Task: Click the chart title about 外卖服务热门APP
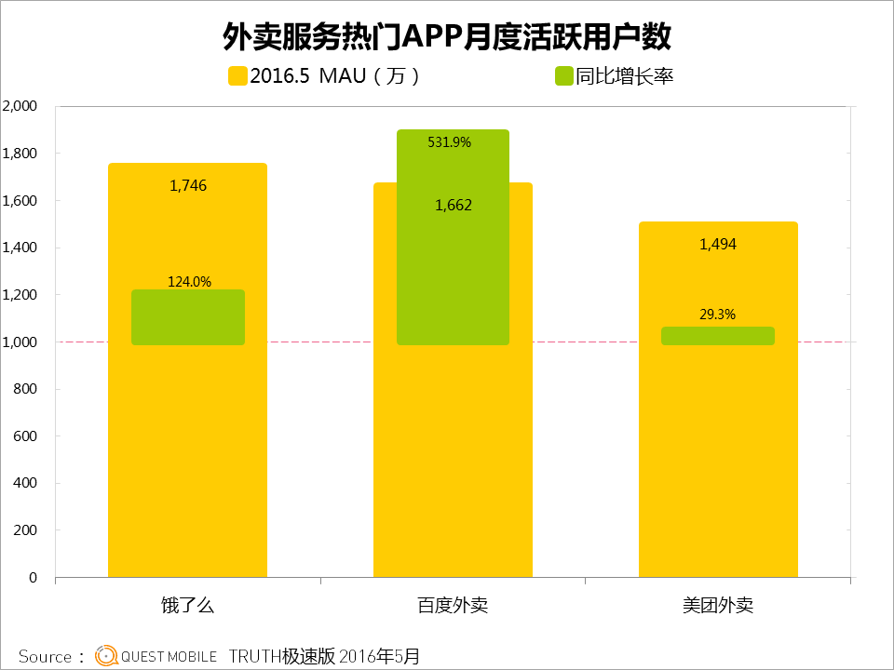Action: click(x=447, y=36)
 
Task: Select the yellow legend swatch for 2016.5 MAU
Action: click(x=237, y=76)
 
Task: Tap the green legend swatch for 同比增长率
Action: click(x=562, y=76)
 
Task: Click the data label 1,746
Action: click(x=188, y=186)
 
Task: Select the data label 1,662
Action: click(x=454, y=206)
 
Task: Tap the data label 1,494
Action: click(x=718, y=245)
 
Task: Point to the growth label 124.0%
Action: click(x=188, y=281)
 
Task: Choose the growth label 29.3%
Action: click(x=717, y=315)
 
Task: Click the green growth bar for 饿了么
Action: click(x=188, y=318)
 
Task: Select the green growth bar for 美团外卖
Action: click(x=718, y=336)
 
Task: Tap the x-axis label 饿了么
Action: click(x=188, y=606)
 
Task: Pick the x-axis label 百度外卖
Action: click(x=453, y=606)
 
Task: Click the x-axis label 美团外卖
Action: click(x=718, y=606)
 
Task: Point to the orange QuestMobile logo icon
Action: click(x=107, y=656)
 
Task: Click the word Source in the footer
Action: click(x=45, y=657)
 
